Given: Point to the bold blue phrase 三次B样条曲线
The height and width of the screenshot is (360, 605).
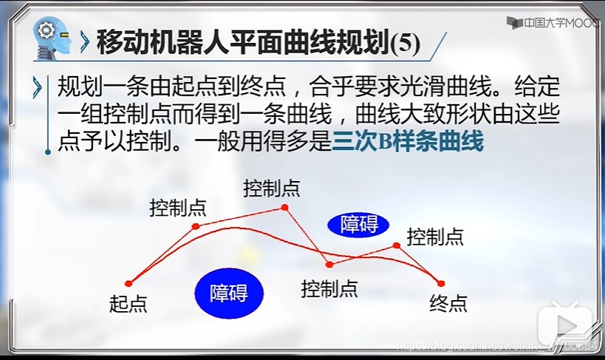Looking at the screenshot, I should [x=408, y=141].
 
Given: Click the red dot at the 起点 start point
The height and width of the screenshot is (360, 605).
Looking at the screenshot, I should [x=129, y=283].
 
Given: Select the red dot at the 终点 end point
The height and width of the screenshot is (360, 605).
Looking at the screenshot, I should [x=441, y=283].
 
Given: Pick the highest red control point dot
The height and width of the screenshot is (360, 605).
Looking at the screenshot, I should [x=285, y=208].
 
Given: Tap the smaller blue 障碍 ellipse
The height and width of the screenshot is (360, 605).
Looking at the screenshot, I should [x=359, y=224].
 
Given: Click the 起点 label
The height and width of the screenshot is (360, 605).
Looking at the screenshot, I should [x=128, y=303].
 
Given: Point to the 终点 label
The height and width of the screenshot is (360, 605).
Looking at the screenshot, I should [x=448, y=302].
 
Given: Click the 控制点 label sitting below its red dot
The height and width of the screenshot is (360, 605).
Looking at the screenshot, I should [x=329, y=288].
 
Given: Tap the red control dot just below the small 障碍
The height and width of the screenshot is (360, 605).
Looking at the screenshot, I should [x=329, y=264].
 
